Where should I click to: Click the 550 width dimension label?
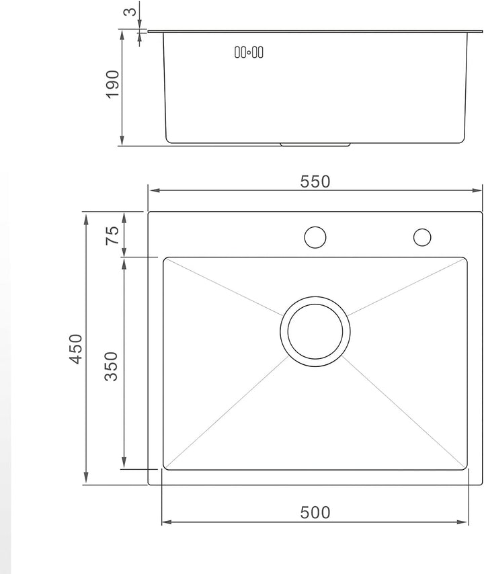point(315,181)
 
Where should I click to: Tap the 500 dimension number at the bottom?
point(315,512)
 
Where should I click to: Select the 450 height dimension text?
point(76,349)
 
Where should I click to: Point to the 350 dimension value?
point(112,366)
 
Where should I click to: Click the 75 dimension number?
point(112,235)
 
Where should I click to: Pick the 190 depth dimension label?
point(112,84)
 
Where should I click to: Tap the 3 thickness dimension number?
point(130,12)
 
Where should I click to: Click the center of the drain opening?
point(315,331)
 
